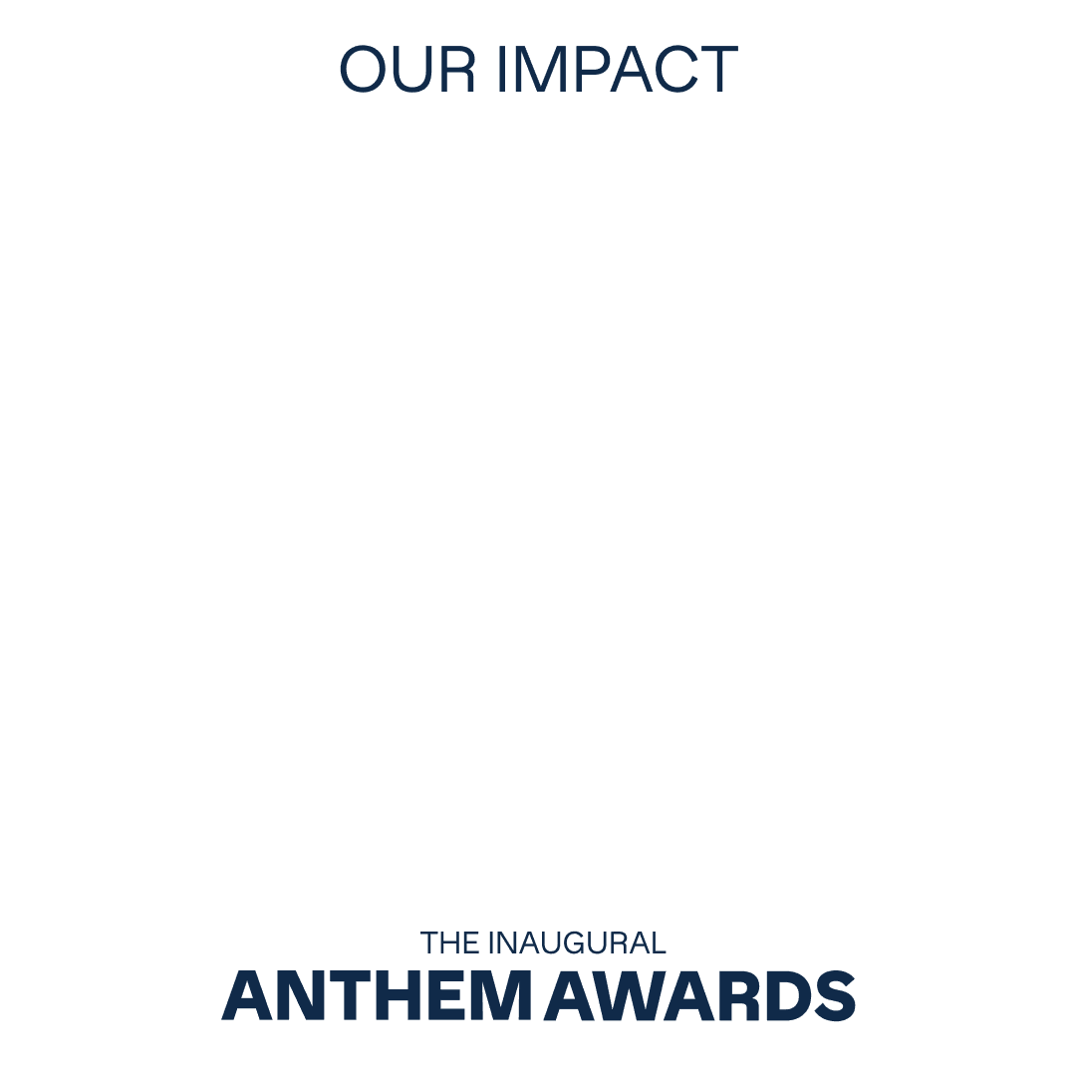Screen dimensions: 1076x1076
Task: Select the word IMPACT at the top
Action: coord(617,71)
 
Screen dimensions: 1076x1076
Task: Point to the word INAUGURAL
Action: coord(577,942)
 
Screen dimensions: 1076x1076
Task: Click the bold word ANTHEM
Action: coord(378,995)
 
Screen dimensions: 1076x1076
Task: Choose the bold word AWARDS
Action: coord(699,995)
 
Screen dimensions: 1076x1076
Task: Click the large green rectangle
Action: coord(538,513)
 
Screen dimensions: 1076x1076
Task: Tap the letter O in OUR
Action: coord(363,71)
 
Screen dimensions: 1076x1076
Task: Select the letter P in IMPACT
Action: coord(592,71)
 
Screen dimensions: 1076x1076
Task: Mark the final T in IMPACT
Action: coord(717,71)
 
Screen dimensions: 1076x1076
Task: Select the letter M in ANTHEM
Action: coord(504,995)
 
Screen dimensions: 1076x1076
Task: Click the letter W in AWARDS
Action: coord(630,995)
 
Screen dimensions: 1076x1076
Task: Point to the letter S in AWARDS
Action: coord(835,995)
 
